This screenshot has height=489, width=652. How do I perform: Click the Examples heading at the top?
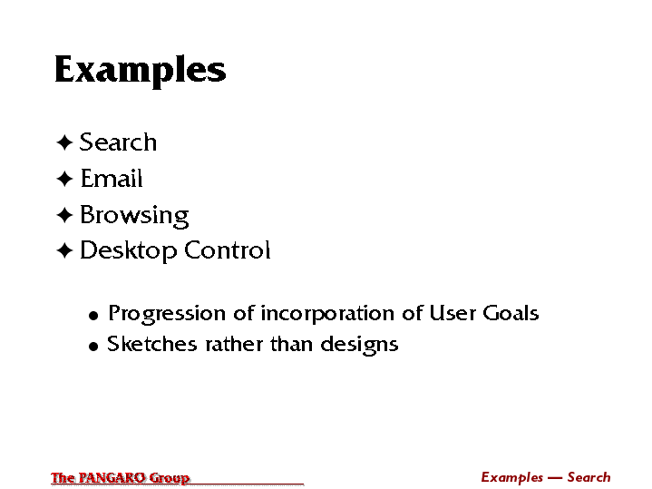pos(141,71)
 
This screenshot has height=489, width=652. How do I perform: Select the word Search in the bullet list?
pos(118,142)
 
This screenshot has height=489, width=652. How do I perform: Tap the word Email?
pos(112,178)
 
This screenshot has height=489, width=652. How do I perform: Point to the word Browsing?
pos(134,216)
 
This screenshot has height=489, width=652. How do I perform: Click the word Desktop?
pos(128,251)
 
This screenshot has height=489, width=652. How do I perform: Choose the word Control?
pos(228,250)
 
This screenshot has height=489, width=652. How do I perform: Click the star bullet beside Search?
pos(64,142)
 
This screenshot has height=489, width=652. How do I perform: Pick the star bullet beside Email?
pos(64,179)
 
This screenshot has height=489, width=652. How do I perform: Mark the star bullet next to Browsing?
pos(64,215)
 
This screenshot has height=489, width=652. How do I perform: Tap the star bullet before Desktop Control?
pos(64,251)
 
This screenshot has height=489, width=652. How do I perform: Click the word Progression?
pos(167,314)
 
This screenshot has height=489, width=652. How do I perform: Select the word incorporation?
pos(327,314)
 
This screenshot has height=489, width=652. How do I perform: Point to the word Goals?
pos(511,313)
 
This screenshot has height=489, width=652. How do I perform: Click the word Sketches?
pos(151,344)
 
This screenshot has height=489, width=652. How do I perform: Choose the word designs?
pos(360,346)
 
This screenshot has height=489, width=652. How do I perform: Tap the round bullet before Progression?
pos(93,316)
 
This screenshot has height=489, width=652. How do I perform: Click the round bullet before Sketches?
pos(93,347)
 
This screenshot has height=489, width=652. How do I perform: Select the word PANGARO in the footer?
pos(112,477)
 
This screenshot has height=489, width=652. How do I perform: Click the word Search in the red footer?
pos(589,477)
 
